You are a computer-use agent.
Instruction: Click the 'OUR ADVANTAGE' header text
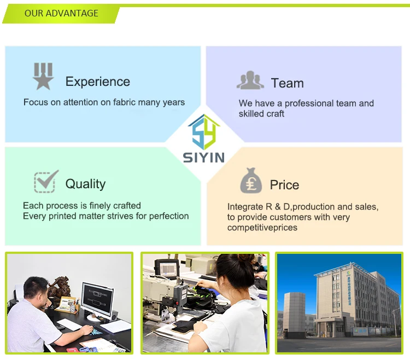[x=61, y=13]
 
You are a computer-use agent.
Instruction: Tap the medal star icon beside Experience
[x=43, y=76]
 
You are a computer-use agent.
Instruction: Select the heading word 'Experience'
[x=98, y=82]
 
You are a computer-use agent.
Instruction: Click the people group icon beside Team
[x=250, y=80]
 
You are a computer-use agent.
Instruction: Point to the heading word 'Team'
[x=287, y=83]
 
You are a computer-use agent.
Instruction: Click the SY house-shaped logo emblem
[x=203, y=131]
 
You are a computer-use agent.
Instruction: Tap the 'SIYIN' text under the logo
[x=203, y=158]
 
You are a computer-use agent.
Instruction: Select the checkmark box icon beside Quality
[x=46, y=181]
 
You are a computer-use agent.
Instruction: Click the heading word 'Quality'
[x=85, y=184]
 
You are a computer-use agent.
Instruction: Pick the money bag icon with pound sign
[x=251, y=181]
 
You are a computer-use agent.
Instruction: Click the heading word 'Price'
[x=284, y=185]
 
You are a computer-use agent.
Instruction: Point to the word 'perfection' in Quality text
[x=165, y=216]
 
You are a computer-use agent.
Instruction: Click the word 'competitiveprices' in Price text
[x=262, y=227]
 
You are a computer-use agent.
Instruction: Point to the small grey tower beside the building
[x=295, y=315]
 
